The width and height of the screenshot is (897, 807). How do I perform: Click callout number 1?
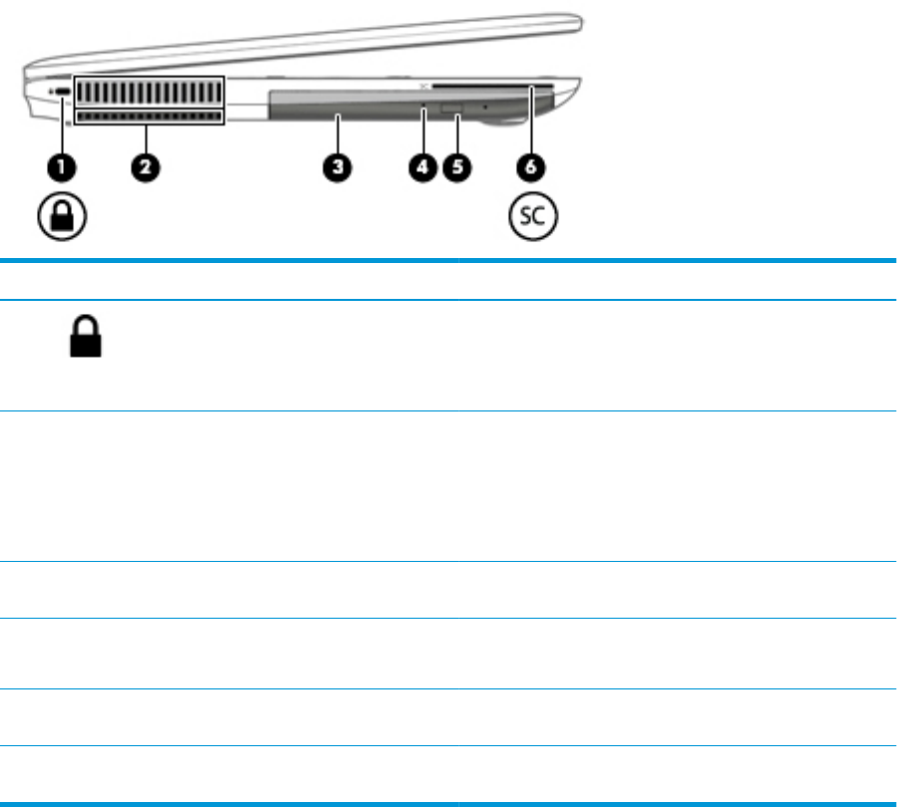click(x=63, y=167)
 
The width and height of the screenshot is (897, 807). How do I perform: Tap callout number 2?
click(x=146, y=167)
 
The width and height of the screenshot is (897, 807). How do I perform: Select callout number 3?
click(x=339, y=167)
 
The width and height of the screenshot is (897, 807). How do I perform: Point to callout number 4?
click(x=424, y=167)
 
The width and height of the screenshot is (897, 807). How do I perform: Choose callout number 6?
click(x=532, y=167)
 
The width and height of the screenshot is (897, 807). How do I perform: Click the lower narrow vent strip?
click(x=148, y=118)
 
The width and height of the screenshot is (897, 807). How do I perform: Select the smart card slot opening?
click(x=508, y=89)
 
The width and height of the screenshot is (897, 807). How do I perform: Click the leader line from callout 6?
click(x=533, y=125)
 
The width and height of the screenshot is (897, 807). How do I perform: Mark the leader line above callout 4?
click(x=424, y=130)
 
